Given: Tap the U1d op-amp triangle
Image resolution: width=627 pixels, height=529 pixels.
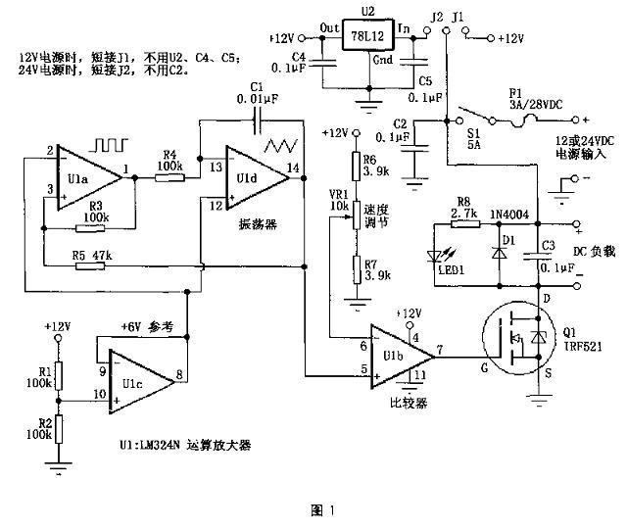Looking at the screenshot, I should coord(251,172).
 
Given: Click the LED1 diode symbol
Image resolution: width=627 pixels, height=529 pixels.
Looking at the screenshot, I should coord(440,258).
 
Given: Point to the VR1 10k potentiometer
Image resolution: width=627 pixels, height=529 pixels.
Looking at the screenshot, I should coord(357,219).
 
